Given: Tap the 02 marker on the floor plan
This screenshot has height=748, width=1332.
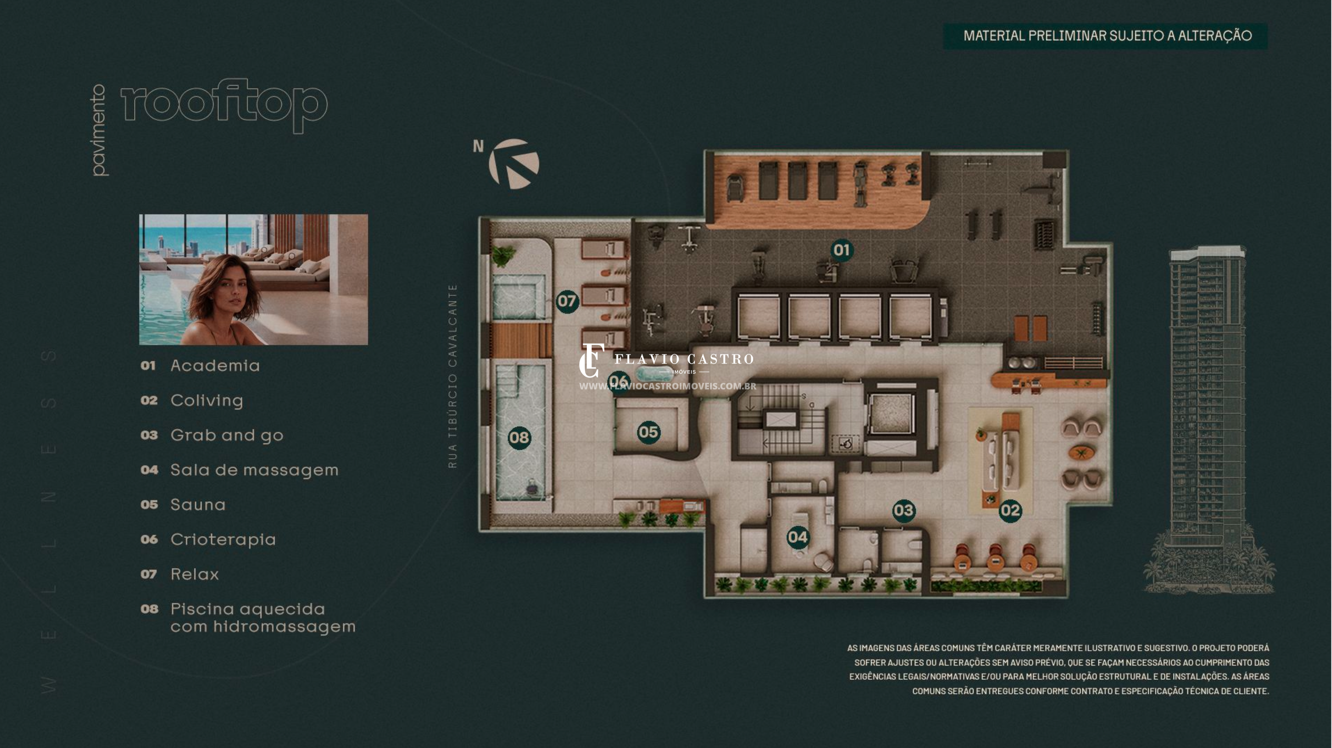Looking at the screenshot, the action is point(1010,511).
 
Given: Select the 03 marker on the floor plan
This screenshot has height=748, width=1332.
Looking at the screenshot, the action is point(903,511).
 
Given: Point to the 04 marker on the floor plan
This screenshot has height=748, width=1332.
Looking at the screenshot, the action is point(797,537).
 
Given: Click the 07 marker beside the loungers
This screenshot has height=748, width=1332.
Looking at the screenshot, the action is point(567,301).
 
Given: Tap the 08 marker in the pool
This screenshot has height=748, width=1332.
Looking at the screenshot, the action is point(519,438).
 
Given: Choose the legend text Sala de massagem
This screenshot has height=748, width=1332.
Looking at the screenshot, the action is point(254,470).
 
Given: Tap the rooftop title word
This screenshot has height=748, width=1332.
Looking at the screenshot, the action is point(224,106).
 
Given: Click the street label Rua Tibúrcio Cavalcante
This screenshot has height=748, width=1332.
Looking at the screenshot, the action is point(453,376).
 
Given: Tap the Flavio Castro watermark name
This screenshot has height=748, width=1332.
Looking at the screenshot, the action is point(683,359).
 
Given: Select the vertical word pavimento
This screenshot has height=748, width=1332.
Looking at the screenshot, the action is point(98,130).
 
